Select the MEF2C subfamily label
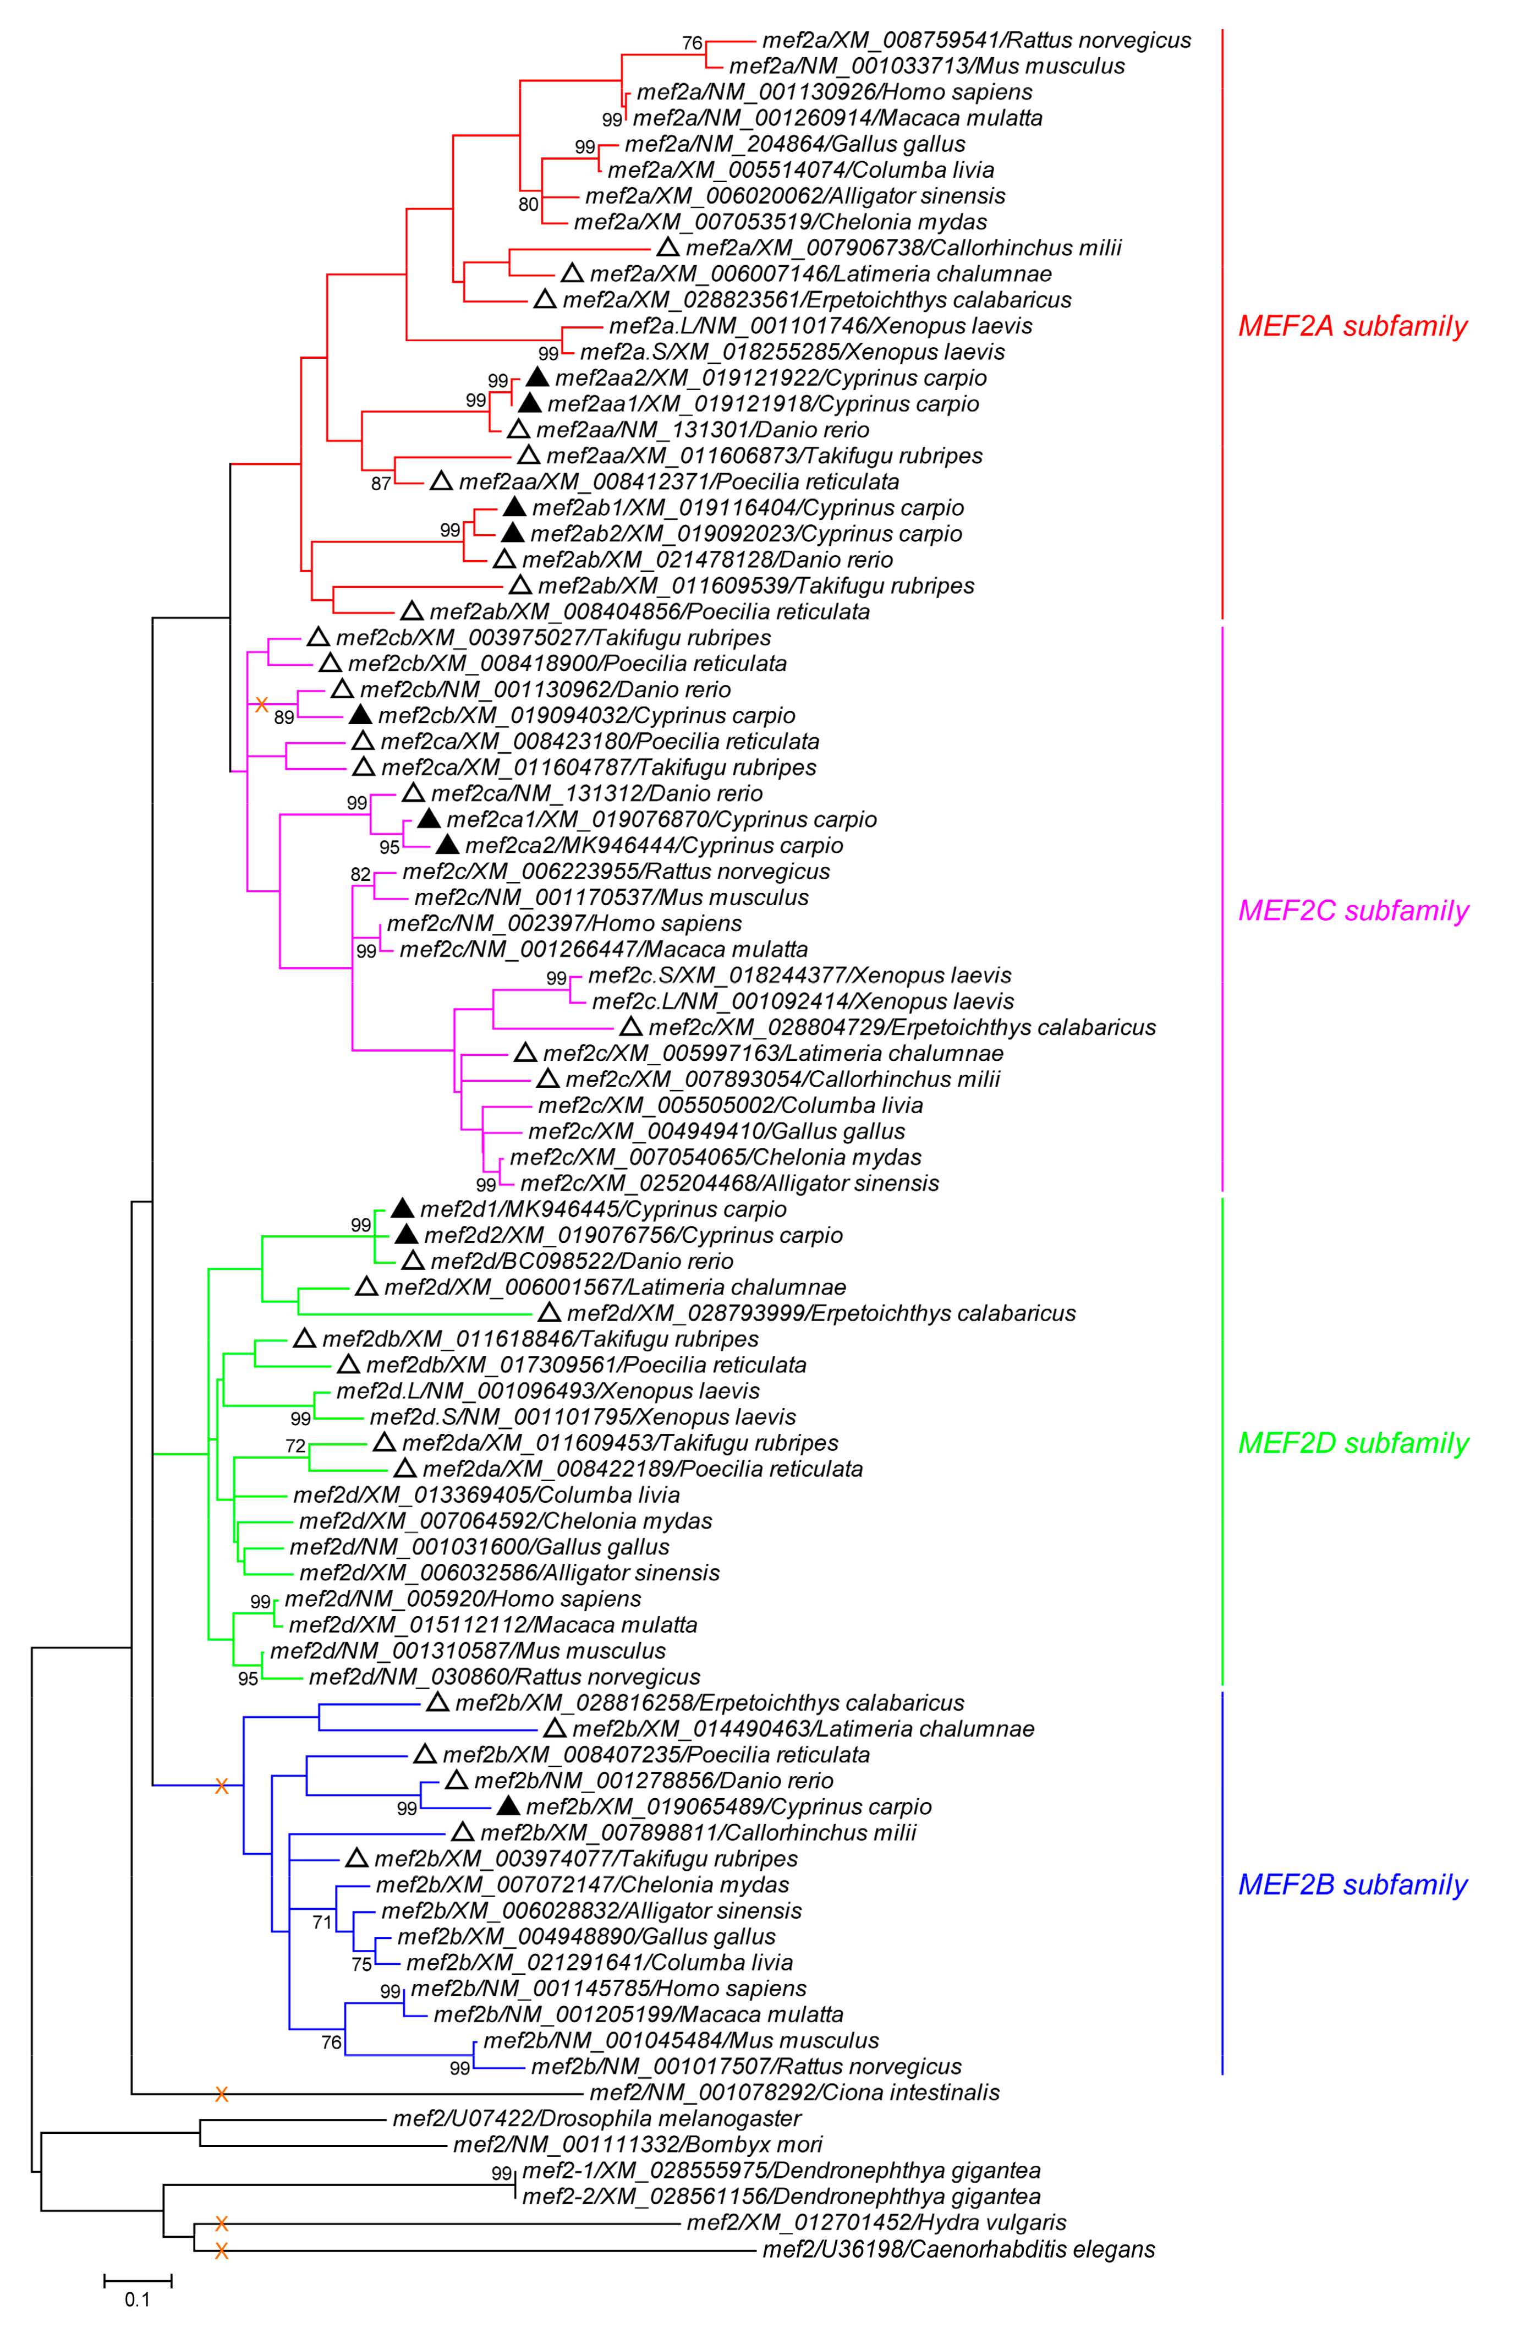click(x=1352, y=911)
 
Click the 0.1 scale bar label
click(x=137, y=2299)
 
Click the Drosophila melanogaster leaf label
click(x=596, y=2118)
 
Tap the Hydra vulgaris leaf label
click(x=875, y=2222)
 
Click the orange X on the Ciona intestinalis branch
click(x=222, y=2094)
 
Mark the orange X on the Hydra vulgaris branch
click(x=222, y=2223)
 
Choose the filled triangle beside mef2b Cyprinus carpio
click(x=508, y=1806)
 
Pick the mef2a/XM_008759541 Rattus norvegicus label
click(x=976, y=40)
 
